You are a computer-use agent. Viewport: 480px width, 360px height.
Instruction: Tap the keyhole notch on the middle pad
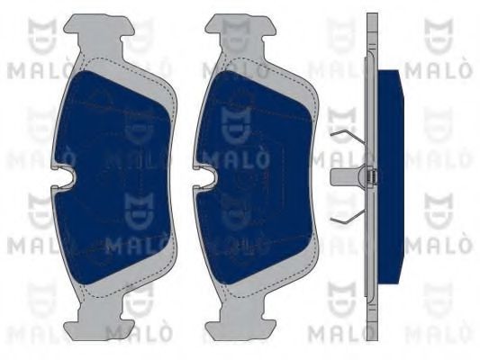click(206, 176)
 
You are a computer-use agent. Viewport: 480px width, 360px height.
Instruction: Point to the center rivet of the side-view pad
click(370, 177)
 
